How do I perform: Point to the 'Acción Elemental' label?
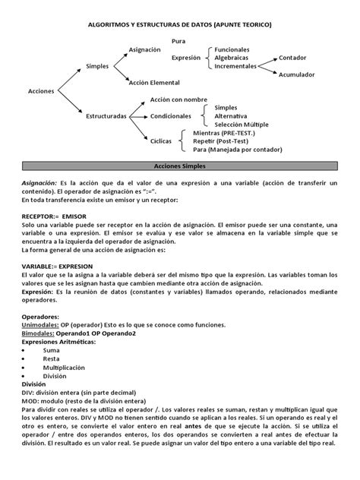click(x=155, y=83)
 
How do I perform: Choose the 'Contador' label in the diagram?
click(x=293, y=58)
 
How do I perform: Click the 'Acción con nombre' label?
click(x=179, y=99)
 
